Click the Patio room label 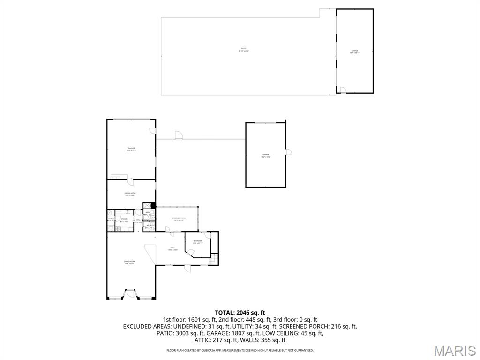pyautogui.click(x=243, y=50)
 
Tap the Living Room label pyautogui.click(x=129, y=262)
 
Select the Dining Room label pyautogui.click(x=130, y=194)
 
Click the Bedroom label pyautogui.click(x=197, y=242)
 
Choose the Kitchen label pyautogui.click(x=124, y=220)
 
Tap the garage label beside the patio pyautogui.click(x=354, y=52)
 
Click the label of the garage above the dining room pyautogui.click(x=131, y=149)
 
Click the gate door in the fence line pyautogui.click(x=179, y=136)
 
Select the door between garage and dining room pyautogui.click(x=129, y=182)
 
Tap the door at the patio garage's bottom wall pyautogui.click(x=343, y=90)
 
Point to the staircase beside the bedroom pyautogui.click(x=214, y=258)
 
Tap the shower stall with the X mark pyautogui.click(x=147, y=205)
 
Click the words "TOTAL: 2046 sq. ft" pyautogui.click(x=240, y=313)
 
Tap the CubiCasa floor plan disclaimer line pyautogui.click(x=240, y=350)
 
